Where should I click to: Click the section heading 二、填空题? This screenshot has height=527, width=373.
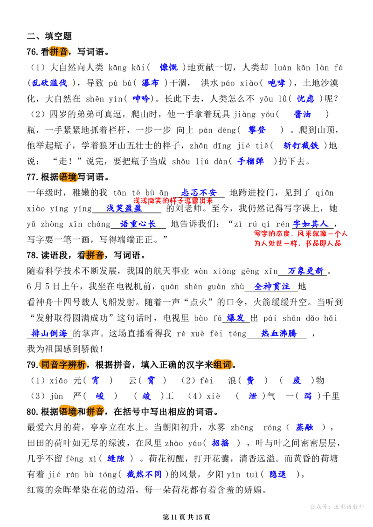49,36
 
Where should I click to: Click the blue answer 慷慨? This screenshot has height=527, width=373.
169,68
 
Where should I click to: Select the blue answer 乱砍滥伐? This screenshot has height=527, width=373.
50,83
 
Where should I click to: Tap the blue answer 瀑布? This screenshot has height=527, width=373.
150,83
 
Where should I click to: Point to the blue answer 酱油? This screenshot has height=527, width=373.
303,114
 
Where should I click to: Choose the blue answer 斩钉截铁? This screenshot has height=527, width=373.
301,145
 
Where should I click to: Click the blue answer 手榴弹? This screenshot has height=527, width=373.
250,161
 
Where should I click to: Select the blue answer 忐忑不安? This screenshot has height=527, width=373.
199,192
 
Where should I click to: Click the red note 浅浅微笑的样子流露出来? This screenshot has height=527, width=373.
173,201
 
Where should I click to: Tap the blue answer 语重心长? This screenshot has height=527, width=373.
138,224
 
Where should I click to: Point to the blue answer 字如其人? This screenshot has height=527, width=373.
311,224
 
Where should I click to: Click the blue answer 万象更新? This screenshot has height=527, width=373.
306,271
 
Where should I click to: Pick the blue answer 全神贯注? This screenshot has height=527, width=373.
272,287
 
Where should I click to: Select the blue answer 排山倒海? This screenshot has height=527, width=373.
49,334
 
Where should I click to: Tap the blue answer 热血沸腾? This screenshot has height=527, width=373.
279,334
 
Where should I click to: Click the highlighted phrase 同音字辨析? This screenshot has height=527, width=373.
63,365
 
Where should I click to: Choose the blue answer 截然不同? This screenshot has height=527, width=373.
144,474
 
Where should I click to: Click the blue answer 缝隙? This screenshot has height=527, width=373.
116,459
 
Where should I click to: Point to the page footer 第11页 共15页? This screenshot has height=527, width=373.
186,517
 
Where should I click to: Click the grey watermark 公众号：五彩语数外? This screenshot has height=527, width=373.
337,506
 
